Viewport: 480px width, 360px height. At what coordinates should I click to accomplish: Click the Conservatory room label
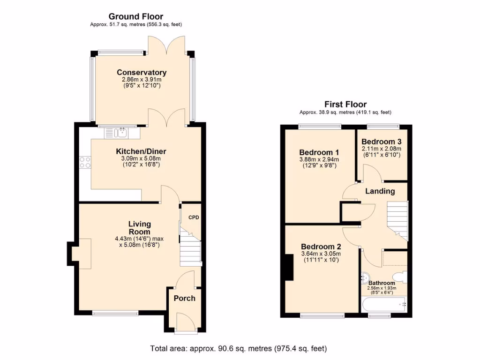point(142,72)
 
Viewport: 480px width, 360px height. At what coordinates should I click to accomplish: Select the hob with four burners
point(85,162)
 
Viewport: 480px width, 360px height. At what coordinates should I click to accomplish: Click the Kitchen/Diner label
point(141,151)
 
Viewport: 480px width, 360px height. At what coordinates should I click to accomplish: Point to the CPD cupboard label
point(194,217)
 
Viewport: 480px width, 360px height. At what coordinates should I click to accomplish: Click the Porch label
point(184,298)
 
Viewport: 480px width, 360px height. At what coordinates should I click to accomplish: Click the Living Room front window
point(115,313)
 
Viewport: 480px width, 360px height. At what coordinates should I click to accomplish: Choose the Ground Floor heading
point(136,17)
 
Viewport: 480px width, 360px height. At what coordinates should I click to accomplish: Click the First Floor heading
point(345,105)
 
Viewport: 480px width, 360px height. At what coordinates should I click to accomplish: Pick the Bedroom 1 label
point(319,152)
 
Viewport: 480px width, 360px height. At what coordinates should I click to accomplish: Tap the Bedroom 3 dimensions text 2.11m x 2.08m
point(381,149)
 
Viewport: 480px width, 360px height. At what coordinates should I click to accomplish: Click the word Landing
point(380,191)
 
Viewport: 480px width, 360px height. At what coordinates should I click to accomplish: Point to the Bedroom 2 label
point(321,247)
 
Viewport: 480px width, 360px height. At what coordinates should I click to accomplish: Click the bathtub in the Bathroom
point(384,306)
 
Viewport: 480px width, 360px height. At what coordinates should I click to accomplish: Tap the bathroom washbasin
point(365,278)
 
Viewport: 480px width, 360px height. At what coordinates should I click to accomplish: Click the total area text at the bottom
point(238,348)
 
